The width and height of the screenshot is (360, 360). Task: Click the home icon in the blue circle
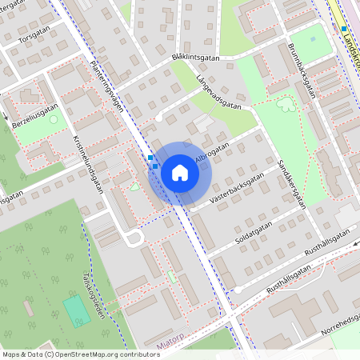(180, 172)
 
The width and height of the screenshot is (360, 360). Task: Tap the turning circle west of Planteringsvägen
(134, 238)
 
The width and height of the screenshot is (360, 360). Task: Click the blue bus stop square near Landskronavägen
(344, 29)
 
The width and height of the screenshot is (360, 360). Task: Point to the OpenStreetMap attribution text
(81, 354)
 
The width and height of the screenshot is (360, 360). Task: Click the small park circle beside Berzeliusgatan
(54, 120)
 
